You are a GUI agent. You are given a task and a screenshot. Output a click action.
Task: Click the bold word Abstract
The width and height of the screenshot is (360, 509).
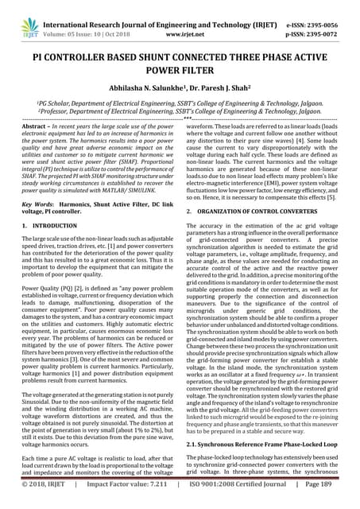pyautogui.click(x=33, y=126)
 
